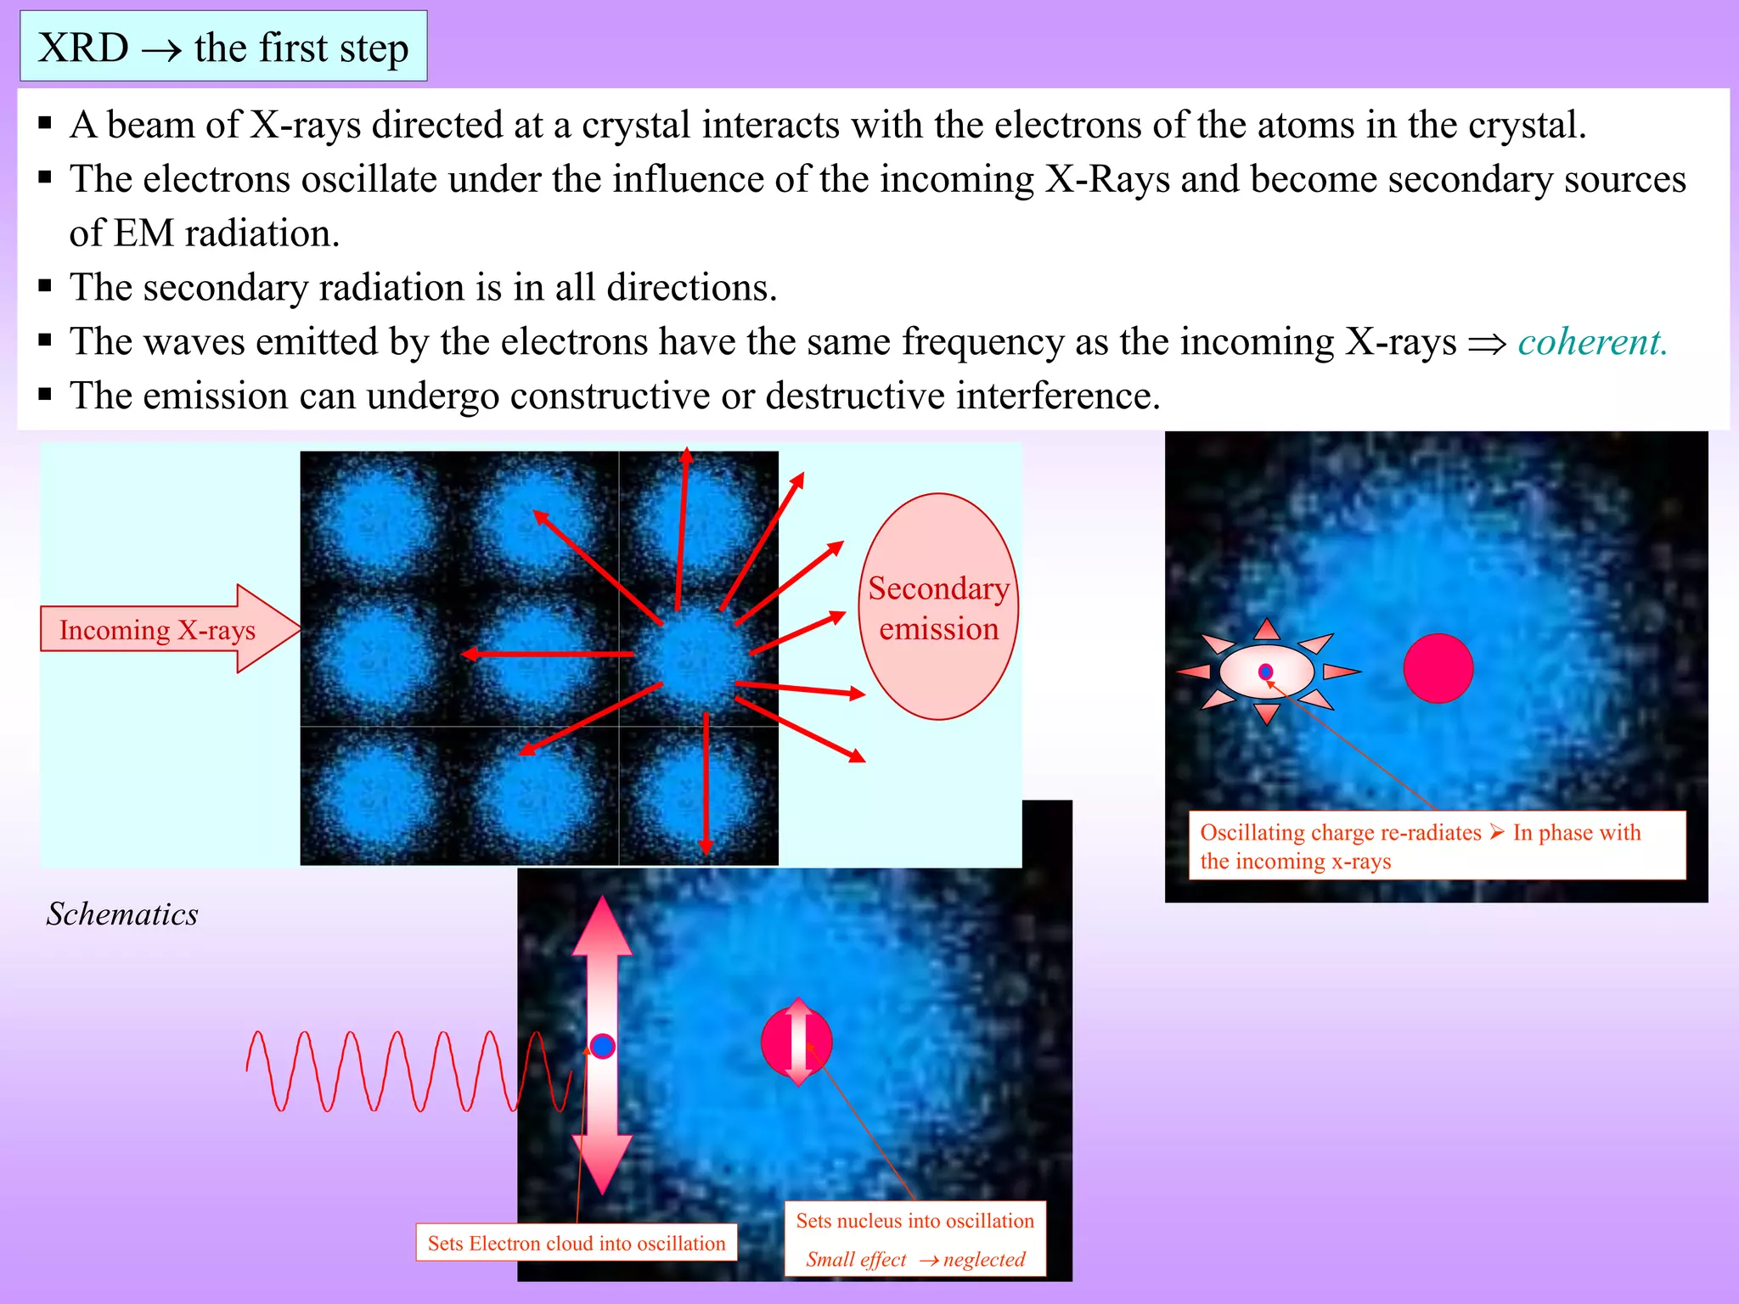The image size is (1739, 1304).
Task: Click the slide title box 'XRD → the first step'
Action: click(x=223, y=47)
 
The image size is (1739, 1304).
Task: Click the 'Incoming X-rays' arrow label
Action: click(x=157, y=630)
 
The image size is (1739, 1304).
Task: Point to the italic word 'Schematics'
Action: click(x=122, y=914)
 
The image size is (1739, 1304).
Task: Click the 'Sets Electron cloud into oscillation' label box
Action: click(x=577, y=1243)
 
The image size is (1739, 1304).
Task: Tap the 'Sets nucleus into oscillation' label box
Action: click(x=915, y=1239)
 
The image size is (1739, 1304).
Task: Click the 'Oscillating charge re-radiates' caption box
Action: click(x=1437, y=846)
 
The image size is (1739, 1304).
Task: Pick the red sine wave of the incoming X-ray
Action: click(x=399, y=1071)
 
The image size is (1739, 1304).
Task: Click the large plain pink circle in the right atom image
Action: click(x=1438, y=668)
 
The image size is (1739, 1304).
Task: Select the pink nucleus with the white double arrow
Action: click(x=796, y=1042)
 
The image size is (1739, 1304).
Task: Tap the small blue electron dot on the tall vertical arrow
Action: click(x=603, y=1046)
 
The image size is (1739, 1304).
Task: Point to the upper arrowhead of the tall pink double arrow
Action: click(x=602, y=928)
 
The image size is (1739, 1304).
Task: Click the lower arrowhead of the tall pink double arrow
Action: click(x=602, y=1163)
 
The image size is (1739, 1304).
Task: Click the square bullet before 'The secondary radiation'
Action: click(x=46, y=286)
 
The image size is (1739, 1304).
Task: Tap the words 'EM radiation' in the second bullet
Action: click(x=226, y=233)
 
